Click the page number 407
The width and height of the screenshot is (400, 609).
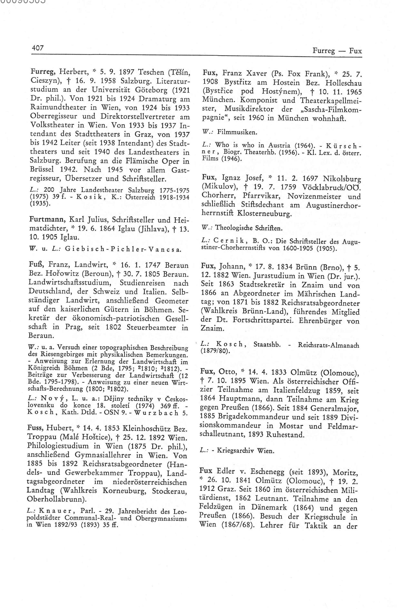coord(38,48)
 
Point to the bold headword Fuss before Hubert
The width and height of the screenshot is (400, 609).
coord(36,428)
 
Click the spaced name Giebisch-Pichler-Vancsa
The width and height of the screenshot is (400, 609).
coord(123,250)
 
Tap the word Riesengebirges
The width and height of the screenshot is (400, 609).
coord(54,355)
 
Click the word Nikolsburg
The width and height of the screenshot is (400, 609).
coord(342,179)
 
